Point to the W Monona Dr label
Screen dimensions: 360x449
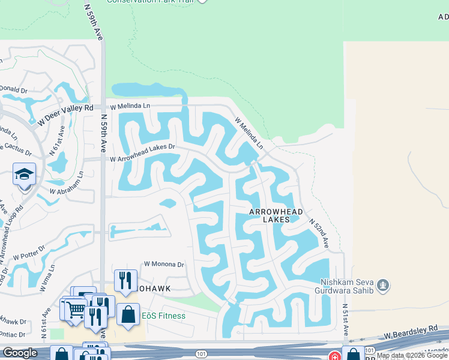coord(164,264)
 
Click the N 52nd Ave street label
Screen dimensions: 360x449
coord(319,233)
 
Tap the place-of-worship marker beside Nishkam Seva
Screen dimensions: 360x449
coord(385,284)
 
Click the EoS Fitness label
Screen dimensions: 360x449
coord(163,316)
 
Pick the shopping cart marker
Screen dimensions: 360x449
coord(76,310)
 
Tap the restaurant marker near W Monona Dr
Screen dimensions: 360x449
coord(125,280)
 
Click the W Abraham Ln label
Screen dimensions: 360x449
coord(67,190)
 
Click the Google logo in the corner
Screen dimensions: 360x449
coord(20,353)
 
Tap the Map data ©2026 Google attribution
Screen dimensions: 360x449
coord(412,356)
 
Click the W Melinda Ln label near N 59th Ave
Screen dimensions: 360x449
coord(129,105)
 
